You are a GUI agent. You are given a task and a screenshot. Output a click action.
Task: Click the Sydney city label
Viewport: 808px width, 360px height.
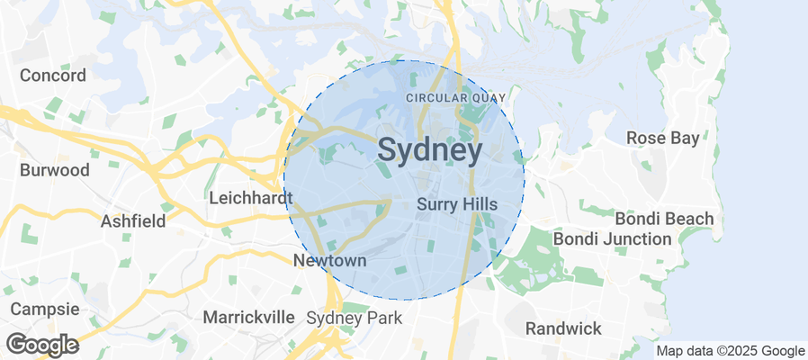coord(430,150)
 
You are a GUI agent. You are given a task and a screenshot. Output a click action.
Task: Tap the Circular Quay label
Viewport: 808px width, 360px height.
coord(456,97)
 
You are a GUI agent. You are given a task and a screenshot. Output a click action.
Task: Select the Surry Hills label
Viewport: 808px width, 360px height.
coord(457,204)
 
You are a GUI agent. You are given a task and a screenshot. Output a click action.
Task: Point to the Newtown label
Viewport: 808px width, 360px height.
coord(330,260)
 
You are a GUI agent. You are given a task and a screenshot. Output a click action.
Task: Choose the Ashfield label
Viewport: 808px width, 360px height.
coord(132,220)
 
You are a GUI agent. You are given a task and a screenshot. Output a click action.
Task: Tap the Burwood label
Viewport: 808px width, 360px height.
coord(55,169)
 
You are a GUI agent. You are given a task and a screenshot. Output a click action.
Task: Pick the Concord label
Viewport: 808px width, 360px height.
coord(53,75)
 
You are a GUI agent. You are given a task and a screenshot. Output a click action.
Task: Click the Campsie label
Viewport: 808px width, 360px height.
coord(41,309)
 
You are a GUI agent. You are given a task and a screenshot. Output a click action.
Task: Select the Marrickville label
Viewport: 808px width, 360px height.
coord(248,317)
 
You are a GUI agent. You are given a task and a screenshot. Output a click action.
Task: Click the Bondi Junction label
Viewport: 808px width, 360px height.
coord(612,238)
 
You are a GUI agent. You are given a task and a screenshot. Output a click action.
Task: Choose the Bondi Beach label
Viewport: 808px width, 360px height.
coord(664,219)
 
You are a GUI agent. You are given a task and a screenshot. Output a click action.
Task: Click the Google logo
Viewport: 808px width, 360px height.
coord(41,345)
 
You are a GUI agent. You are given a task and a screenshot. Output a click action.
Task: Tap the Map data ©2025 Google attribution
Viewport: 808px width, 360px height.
coord(730,351)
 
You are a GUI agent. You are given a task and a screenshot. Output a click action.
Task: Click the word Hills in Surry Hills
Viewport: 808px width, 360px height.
coord(479,204)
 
